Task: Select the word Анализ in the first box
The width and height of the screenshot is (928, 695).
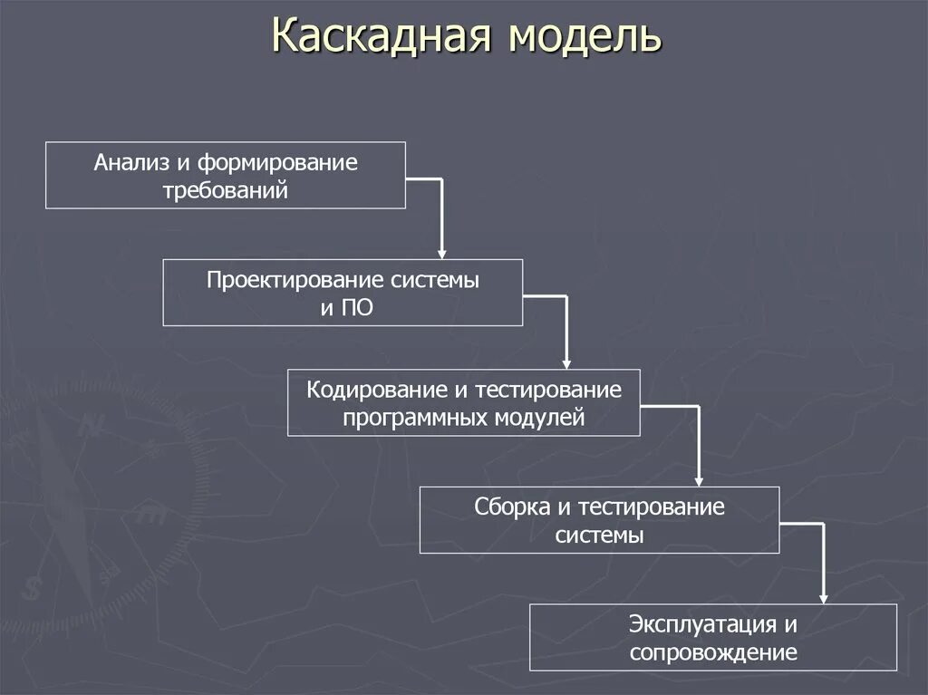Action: (x=129, y=163)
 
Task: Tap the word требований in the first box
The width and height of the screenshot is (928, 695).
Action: (x=226, y=191)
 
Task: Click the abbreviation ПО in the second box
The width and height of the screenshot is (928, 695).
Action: (x=358, y=308)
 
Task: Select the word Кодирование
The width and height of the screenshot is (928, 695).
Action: (x=374, y=390)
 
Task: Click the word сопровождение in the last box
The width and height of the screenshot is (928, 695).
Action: (x=713, y=652)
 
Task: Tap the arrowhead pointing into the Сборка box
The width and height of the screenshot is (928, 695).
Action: (x=699, y=480)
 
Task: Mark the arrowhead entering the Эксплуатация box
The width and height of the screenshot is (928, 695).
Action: (x=823, y=597)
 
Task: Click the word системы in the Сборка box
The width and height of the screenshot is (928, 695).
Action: (x=599, y=535)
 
